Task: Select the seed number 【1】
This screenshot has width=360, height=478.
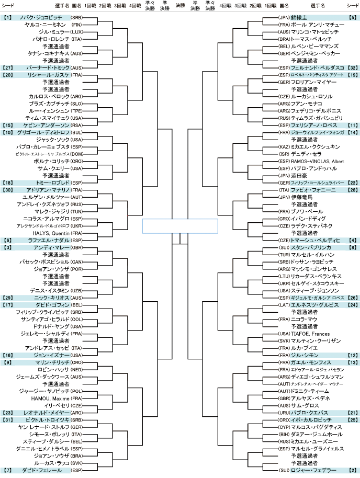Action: click(7, 17)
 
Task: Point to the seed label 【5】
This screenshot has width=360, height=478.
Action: click(352, 17)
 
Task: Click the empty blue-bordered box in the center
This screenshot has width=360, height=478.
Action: click(180, 226)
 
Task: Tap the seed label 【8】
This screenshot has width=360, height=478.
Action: click(352, 247)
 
